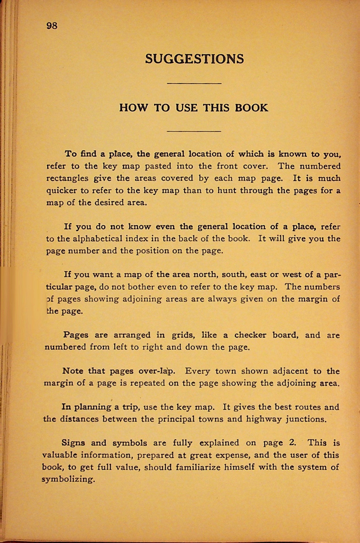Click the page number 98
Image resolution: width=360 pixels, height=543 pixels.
point(52,26)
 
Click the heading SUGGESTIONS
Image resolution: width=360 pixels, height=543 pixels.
point(194,59)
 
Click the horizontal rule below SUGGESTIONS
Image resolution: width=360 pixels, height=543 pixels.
point(194,83)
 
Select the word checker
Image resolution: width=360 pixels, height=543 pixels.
point(250,335)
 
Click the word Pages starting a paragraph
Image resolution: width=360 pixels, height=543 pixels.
point(76,335)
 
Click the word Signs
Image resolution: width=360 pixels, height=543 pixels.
point(73,443)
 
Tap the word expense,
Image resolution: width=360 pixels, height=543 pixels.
point(232,455)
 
